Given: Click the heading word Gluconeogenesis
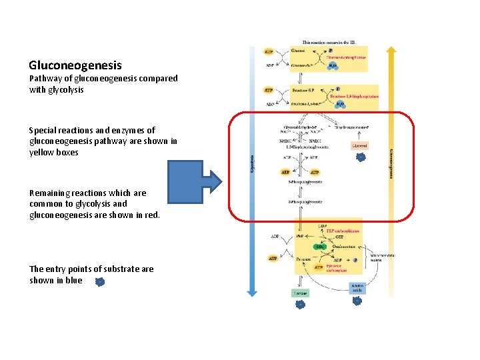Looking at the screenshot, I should pos(75,65).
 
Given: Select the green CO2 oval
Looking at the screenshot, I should pos(319,247).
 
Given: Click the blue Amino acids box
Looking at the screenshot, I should pos(357,287).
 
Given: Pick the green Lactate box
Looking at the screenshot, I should pos(300,292).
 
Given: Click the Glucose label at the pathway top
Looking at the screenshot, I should pos(299,50).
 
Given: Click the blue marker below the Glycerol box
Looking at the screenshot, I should pos(361,157).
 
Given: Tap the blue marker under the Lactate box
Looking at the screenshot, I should pos(300,304).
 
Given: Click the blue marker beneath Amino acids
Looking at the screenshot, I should pos(357,301).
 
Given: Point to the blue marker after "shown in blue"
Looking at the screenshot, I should pos(99,282).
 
